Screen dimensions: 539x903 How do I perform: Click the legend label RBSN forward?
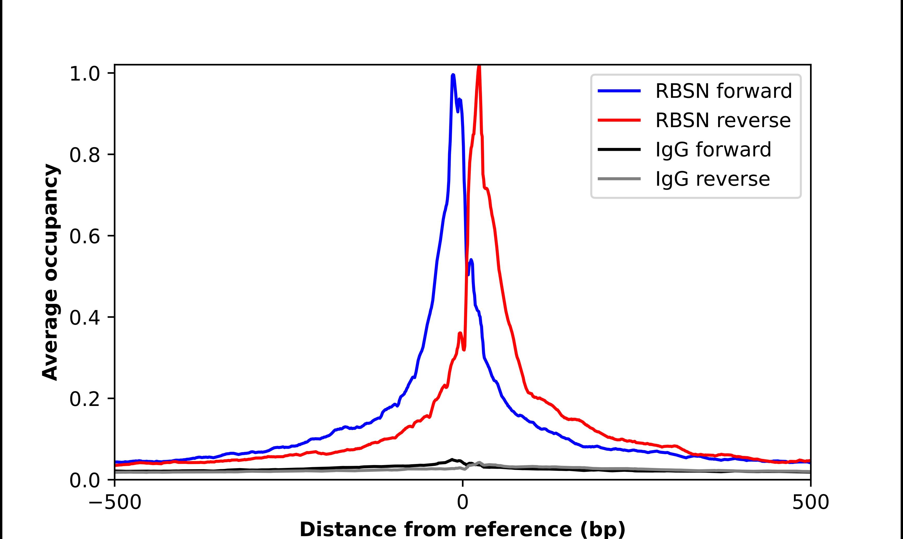(723, 91)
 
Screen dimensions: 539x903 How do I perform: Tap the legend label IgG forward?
(713, 150)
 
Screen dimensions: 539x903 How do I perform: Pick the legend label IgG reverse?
(712, 179)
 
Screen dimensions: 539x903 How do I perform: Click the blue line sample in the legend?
(619, 91)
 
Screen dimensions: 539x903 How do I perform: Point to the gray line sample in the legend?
(619, 179)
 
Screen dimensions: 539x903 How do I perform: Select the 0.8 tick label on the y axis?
(84, 155)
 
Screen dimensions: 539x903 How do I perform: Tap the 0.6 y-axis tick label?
(84, 236)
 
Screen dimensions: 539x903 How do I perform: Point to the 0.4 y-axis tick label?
(84, 318)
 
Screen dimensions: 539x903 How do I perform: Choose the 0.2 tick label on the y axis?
(84, 399)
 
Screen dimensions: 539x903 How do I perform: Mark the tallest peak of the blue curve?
(453, 75)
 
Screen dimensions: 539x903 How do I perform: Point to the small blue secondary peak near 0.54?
(471, 260)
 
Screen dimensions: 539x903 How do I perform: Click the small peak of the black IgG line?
(452, 460)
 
